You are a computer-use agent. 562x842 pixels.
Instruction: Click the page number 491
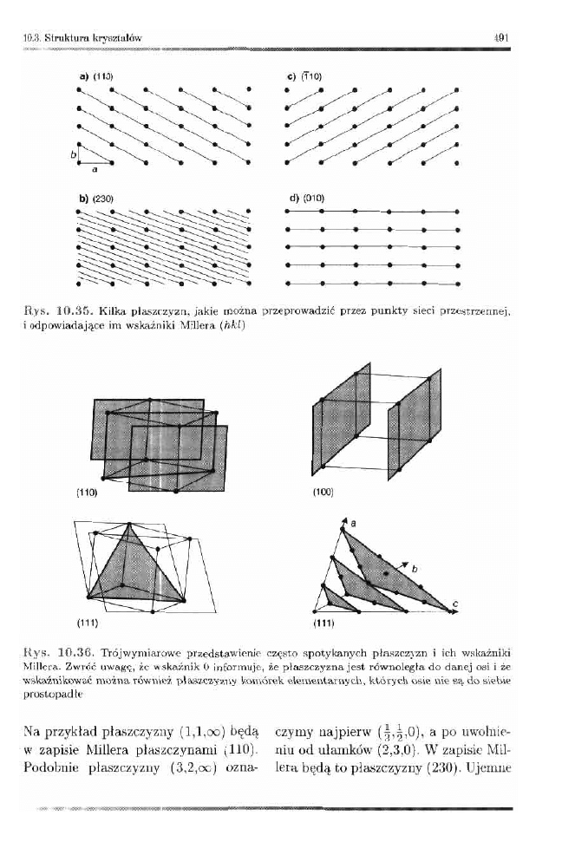tap(500, 37)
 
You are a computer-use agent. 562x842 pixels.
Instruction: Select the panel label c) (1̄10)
tap(304, 76)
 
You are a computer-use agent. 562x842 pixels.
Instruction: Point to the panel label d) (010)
tap(305, 199)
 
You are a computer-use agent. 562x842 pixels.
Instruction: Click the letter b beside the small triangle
tap(74, 153)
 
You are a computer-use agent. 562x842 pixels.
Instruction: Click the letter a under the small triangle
tap(94, 170)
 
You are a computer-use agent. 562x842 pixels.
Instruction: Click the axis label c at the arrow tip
tap(455, 604)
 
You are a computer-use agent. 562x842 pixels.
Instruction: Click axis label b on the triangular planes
tap(415, 569)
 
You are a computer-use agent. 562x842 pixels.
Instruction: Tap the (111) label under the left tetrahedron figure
tap(85, 623)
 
